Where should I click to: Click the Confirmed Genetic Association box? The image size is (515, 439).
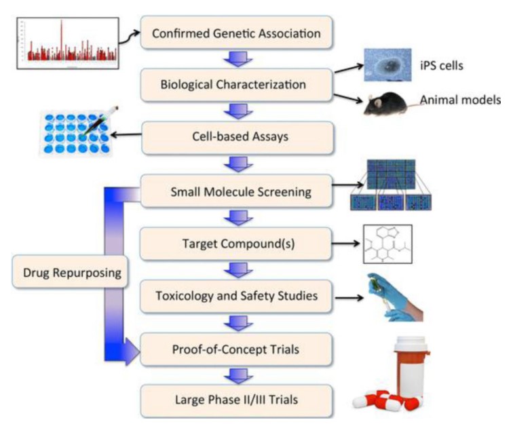coord(236,33)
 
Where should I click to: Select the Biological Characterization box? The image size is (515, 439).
coord(236,85)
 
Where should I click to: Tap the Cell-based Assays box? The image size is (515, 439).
coord(236,136)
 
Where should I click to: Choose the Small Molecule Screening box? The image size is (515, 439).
coord(236,191)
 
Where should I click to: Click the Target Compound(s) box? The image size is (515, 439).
coord(236,243)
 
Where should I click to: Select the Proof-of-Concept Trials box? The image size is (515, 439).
coord(236,349)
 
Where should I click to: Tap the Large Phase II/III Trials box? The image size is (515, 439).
coord(236,400)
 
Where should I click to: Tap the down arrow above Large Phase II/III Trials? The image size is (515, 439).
coord(236,375)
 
